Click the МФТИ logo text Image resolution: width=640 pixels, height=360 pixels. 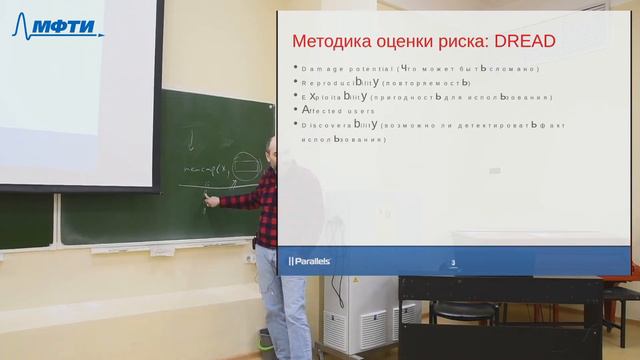click(x=70, y=27)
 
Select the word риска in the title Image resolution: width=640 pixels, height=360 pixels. click(x=450, y=42)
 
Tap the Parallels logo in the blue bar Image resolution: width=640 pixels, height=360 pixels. click(x=310, y=261)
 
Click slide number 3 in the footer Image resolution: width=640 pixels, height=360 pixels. click(x=453, y=263)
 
